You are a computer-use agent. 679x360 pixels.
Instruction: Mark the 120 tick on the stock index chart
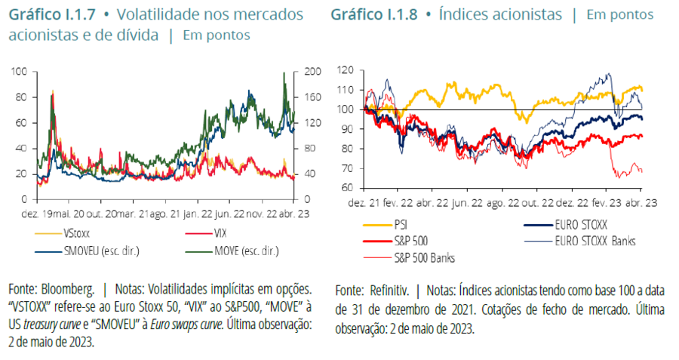(x=346, y=70)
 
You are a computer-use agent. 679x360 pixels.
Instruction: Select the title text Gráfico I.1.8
(x=373, y=15)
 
